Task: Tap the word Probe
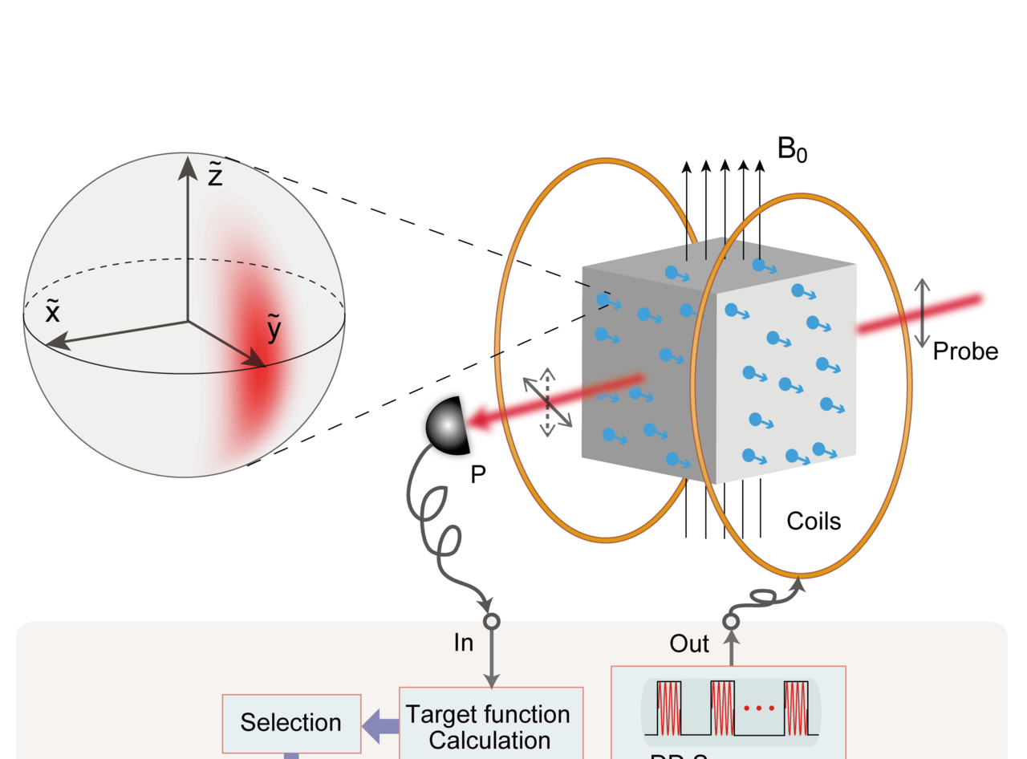[965, 351]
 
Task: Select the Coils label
[813, 521]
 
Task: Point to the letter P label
[478, 475]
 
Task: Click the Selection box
[291, 723]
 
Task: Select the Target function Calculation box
[489, 726]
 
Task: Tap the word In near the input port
[463, 643]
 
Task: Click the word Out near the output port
[689, 643]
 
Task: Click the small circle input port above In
[492, 621]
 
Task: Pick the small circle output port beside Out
[731, 621]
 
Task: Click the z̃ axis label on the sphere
[214, 176]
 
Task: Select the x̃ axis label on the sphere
[52, 313]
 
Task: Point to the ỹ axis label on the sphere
[274, 330]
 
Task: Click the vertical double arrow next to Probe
[923, 313]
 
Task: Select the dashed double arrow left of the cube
[547, 402]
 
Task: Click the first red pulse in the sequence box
[669, 708]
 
